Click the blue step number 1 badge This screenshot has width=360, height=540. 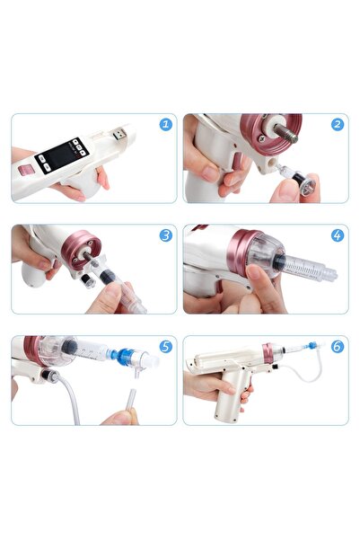(x=165, y=124)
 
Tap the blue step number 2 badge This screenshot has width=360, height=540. (x=337, y=124)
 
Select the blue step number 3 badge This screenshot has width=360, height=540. (x=165, y=235)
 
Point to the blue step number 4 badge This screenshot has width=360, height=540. (x=337, y=235)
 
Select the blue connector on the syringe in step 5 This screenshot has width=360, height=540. (x=119, y=357)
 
